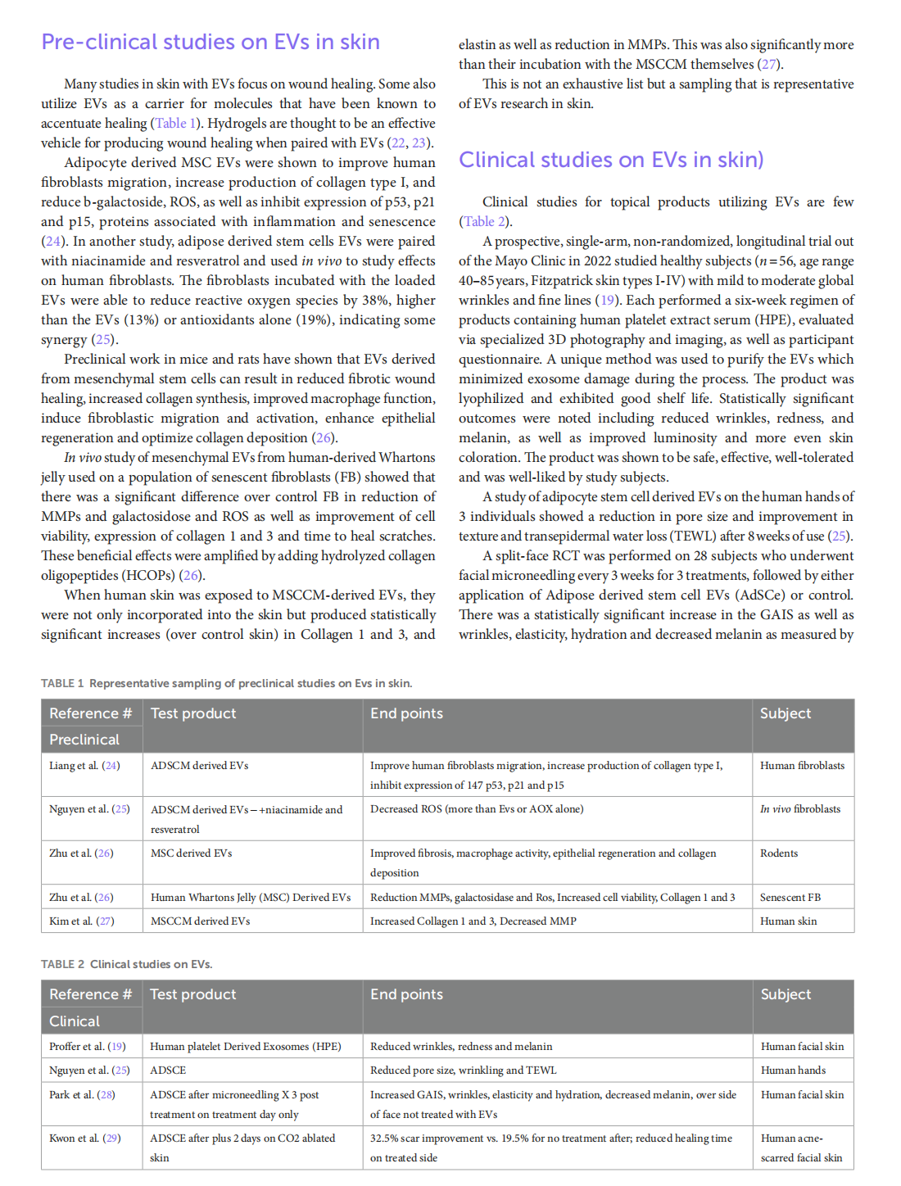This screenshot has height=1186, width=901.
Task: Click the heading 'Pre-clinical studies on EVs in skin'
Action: [211, 42]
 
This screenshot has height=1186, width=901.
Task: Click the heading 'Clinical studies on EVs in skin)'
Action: [611, 160]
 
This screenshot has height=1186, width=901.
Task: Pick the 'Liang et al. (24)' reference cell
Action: [84, 766]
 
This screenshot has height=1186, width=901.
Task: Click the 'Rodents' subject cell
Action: [779, 853]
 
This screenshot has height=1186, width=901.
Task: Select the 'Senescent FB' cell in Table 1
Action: [790, 898]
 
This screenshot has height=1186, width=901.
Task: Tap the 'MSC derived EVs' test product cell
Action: [192, 853]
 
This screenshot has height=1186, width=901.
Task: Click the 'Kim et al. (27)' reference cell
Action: [82, 921]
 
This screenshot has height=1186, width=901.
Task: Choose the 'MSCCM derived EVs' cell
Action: [201, 921]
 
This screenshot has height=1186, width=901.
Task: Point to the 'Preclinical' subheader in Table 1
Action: [84, 740]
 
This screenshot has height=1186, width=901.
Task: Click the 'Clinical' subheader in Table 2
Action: [75, 1021]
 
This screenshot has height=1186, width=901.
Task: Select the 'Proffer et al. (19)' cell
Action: [88, 1047]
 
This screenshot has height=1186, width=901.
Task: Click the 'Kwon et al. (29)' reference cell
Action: [85, 1138]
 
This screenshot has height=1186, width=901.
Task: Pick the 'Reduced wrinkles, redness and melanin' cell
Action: [461, 1047]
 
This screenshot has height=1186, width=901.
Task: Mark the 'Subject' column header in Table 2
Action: [786, 994]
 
